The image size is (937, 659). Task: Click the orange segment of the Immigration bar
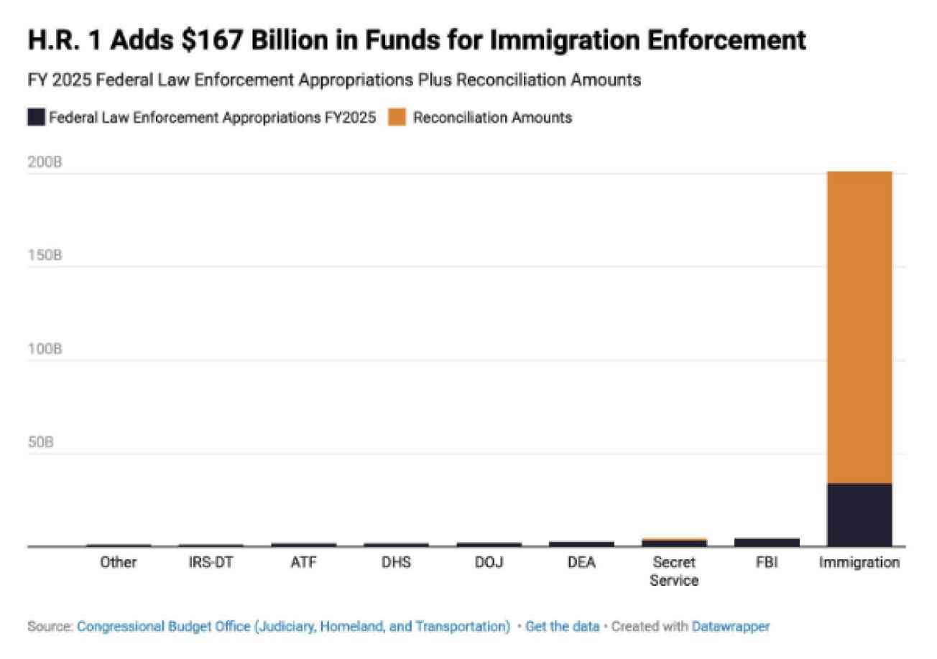tap(859, 328)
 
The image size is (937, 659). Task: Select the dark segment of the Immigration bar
tap(859, 515)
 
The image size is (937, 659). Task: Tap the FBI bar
tap(767, 542)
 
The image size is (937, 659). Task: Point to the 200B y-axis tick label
tap(45, 162)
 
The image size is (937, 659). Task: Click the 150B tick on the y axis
tap(45, 255)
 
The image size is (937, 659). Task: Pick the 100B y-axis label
tap(45, 348)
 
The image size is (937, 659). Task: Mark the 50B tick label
tap(40, 441)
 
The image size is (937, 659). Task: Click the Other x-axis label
tap(119, 563)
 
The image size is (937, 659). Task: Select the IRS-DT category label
tap(211, 563)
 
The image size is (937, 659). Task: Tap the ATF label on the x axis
tap(304, 563)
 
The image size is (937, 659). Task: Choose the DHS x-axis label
tap(396, 563)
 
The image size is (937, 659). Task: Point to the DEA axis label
tap(581, 563)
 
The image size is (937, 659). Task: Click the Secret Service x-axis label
tap(674, 571)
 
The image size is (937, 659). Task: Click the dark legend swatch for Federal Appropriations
tap(37, 117)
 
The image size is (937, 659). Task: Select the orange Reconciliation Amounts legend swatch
tap(397, 117)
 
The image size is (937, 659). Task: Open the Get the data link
tap(562, 627)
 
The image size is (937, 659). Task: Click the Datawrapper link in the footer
tap(731, 627)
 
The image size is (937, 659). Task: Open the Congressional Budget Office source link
tap(294, 627)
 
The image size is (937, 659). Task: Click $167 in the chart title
tap(212, 40)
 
